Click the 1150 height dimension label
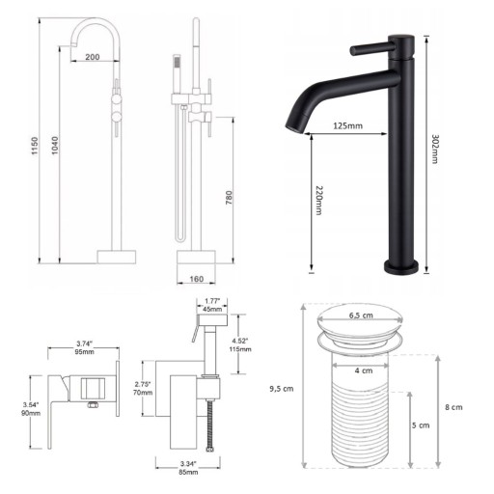[35, 146]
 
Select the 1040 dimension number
[55, 146]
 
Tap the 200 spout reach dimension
[93, 57]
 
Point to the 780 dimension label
[229, 198]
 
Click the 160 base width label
[196, 279]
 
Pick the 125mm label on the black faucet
[347, 125]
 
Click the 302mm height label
[435, 150]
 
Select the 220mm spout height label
[319, 201]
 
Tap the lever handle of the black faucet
[372, 49]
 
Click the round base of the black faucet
[401, 267]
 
